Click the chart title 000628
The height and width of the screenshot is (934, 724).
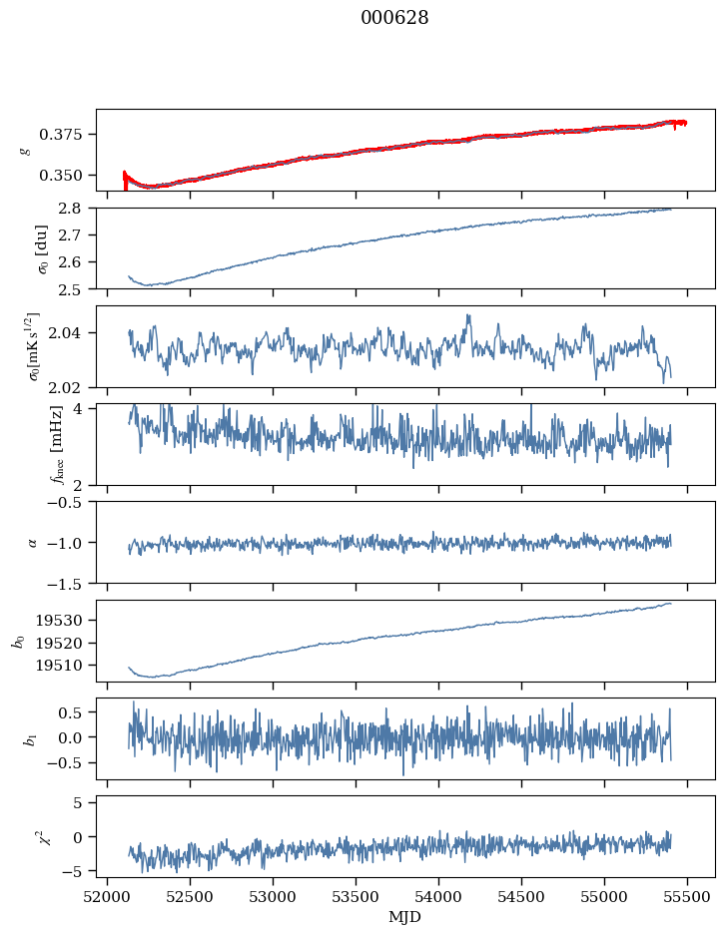[394, 18]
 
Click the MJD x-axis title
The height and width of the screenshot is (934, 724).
[404, 917]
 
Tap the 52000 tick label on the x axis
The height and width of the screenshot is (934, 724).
[108, 898]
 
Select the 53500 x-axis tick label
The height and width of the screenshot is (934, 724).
[356, 898]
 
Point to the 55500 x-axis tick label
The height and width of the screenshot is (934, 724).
[687, 898]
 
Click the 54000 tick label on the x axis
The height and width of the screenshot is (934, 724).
[438, 898]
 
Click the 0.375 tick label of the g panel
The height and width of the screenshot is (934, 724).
[60, 135]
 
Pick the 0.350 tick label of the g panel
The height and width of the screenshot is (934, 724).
[60, 176]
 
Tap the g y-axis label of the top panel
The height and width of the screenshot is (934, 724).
[25, 150]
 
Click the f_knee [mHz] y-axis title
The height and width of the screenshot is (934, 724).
[57, 444]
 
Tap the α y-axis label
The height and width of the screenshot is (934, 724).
[32, 543]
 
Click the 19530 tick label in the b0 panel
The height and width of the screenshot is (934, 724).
[58, 621]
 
